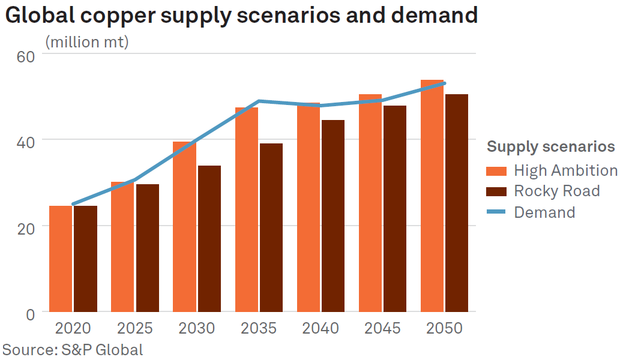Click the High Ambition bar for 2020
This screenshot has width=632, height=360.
(x=61, y=259)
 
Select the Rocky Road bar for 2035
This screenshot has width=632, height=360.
(x=271, y=227)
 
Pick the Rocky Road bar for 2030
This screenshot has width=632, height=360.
(x=209, y=239)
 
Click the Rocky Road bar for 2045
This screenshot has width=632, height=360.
(x=395, y=209)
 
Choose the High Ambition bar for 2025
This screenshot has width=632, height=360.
(x=122, y=247)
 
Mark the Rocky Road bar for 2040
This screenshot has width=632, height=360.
(x=333, y=216)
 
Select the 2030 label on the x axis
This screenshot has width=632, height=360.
(x=197, y=329)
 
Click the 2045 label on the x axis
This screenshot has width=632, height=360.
(x=382, y=329)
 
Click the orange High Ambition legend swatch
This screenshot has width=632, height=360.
(x=496, y=171)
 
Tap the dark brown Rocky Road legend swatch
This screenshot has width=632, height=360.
(x=496, y=191)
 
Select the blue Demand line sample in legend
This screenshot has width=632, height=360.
(x=496, y=212)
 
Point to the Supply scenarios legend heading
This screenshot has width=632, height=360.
(x=550, y=146)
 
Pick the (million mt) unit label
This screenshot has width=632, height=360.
(x=87, y=42)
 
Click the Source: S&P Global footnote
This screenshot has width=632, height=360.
(x=73, y=350)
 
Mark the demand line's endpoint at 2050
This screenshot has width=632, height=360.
(x=444, y=83)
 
